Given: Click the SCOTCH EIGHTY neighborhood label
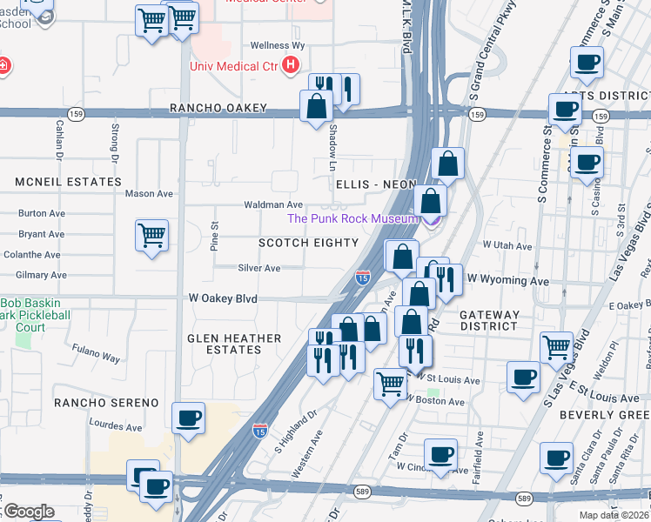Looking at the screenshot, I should tap(309, 243).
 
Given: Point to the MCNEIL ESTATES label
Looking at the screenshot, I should tap(68, 182).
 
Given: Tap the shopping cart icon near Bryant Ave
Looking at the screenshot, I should tap(151, 234).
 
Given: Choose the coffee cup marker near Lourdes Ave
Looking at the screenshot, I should tap(189, 418).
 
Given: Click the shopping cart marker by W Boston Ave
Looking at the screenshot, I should tap(390, 381).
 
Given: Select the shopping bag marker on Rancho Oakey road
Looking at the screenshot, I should tap(316, 106).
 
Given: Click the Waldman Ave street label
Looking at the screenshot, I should tap(272, 204).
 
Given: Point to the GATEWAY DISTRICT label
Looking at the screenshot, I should tap(489, 320).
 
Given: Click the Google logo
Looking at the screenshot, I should tap(28, 512).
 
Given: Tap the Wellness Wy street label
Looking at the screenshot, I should tap(277, 45).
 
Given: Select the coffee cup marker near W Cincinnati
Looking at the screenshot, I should tap(440, 454).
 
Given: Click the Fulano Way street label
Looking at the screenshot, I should tap(96, 356).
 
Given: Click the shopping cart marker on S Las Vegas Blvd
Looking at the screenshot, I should tap(556, 346).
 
